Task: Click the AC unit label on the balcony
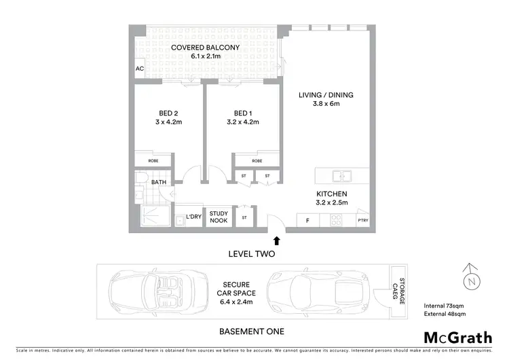pos(140,69)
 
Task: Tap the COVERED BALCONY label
pos(205,48)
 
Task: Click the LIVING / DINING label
pos(326,95)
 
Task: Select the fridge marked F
pos(307,221)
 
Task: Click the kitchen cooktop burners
pos(335,220)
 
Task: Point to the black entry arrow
pos(277,239)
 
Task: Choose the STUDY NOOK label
pos(219,216)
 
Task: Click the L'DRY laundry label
pos(193,218)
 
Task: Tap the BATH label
pos(159,182)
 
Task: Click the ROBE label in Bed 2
pos(154,161)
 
